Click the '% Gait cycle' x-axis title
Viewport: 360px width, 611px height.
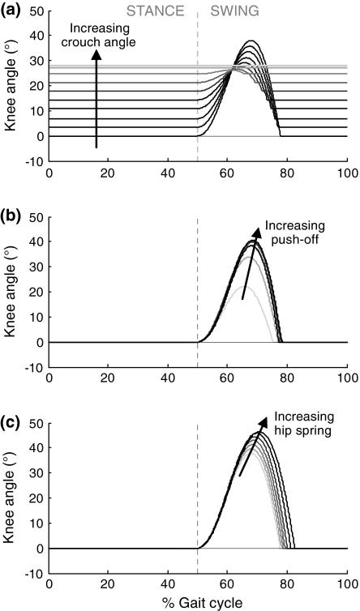coord(198,603)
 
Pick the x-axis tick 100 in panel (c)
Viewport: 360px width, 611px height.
coord(347,583)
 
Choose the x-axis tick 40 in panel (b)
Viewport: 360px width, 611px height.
coord(168,378)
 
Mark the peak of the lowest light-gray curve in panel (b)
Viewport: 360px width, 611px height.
coord(248,288)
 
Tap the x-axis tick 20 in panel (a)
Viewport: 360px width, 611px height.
coord(109,172)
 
